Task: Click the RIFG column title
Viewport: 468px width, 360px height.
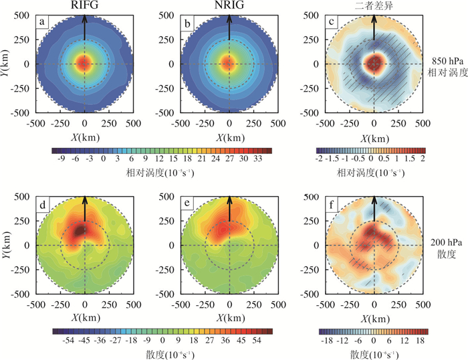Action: click(x=85, y=5)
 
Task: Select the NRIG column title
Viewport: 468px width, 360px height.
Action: click(x=229, y=5)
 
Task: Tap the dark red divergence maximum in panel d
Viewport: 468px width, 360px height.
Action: click(x=81, y=230)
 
